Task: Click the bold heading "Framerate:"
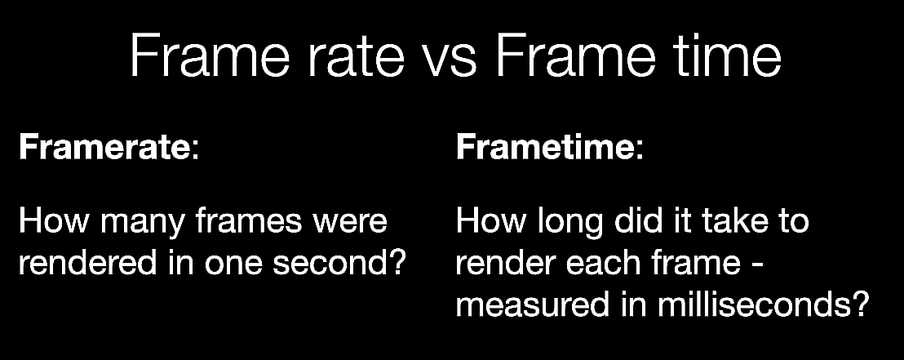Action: click(x=109, y=147)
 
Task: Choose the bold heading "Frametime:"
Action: click(x=549, y=147)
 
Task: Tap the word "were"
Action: click(x=350, y=224)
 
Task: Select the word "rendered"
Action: click(x=87, y=263)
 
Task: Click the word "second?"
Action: click(x=340, y=263)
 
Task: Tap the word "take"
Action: click(x=738, y=221)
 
